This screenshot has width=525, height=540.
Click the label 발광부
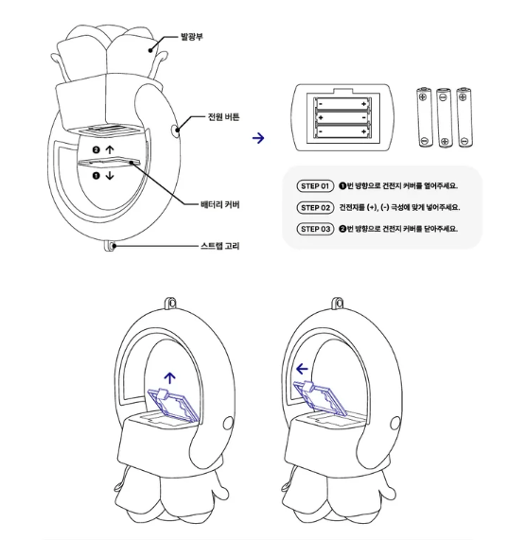pos(192,37)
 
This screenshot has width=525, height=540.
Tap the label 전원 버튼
pos(223,116)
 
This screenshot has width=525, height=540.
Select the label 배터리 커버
pos(220,204)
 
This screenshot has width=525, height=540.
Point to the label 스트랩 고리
pos(220,246)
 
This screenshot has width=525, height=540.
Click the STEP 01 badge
pos(315,186)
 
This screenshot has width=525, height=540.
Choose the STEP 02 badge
pos(315,208)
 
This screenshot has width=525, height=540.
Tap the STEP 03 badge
pos(315,229)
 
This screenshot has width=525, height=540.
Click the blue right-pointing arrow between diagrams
pos(258,138)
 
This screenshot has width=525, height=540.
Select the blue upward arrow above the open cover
pos(169,377)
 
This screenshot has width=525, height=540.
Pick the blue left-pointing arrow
pos(302,369)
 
